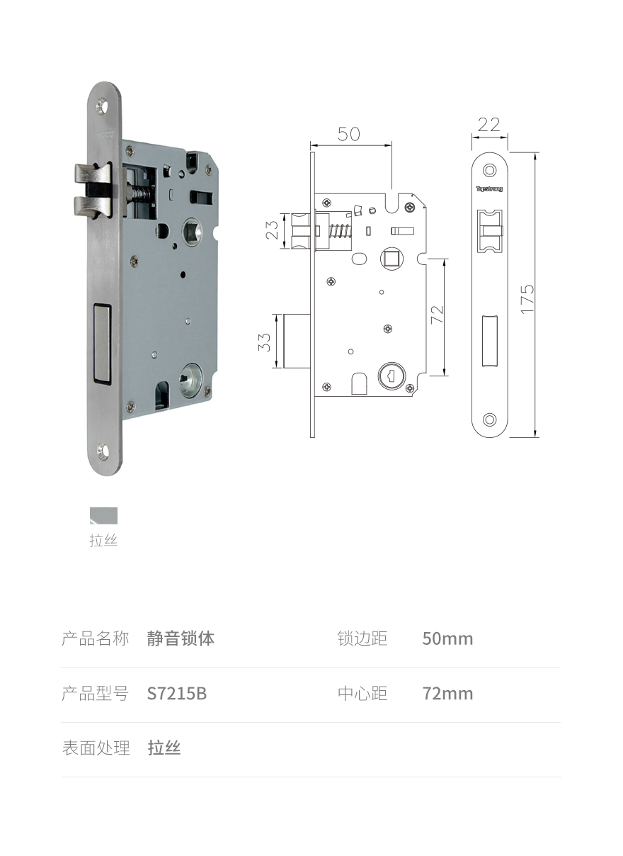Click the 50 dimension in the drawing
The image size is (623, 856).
click(x=348, y=134)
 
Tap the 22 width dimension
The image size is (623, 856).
click(x=489, y=125)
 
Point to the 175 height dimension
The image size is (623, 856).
click(x=527, y=298)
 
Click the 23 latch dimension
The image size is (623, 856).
click(x=272, y=230)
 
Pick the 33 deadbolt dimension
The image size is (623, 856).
click(x=265, y=342)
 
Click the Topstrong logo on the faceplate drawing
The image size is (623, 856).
click(x=489, y=189)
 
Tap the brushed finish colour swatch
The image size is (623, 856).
click(x=103, y=516)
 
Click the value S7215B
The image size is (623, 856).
click(x=177, y=694)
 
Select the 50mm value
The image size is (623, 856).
click(x=447, y=638)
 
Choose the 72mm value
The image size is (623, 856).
click(x=447, y=694)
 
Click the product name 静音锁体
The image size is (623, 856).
click(x=181, y=638)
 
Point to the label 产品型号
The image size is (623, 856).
click(x=95, y=694)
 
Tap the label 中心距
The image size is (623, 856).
click(x=362, y=694)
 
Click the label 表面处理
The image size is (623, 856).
click(x=96, y=748)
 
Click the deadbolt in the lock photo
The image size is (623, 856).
click(x=102, y=342)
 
